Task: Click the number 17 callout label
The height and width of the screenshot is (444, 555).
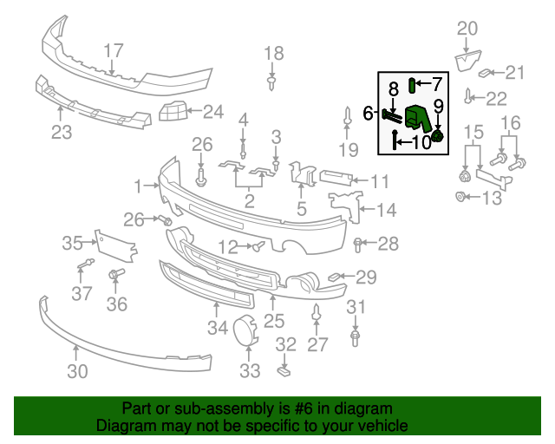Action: [114, 50]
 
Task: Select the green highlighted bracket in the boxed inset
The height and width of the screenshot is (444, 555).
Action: [419, 119]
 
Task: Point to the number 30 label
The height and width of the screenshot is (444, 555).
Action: [77, 372]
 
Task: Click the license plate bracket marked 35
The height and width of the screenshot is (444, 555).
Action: [115, 247]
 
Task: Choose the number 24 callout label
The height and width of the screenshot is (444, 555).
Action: [212, 111]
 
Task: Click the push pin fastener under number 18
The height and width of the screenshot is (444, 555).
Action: [273, 82]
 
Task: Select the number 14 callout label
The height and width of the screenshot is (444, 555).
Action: [386, 209]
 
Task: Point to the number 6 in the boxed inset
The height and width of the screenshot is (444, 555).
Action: [368, 113]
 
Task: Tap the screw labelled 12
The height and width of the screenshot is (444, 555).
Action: [258, 247]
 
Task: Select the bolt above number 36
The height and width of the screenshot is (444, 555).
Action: [114, 276]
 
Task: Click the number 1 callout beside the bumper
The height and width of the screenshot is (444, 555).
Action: [137, 186]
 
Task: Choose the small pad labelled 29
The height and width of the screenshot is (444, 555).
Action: [333, 277]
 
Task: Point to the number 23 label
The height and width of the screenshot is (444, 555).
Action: [62, 132]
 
